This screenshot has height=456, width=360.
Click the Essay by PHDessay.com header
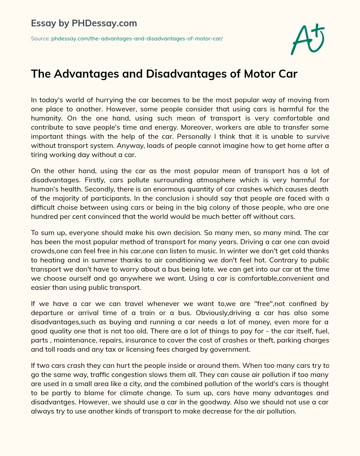[x=84, y=24]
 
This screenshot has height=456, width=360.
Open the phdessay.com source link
[x=137, y=39]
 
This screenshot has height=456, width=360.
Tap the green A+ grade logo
[x=307, y=39]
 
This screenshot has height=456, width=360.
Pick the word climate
[x=129, y=393]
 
